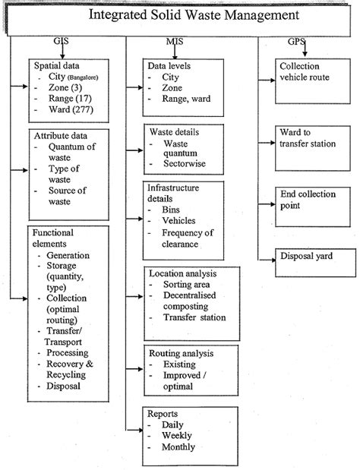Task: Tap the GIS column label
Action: tap(58, 42)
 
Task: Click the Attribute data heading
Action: tap(62, 136)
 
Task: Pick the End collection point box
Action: tap(305, 200)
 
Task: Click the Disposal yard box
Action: tap(305, 256)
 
